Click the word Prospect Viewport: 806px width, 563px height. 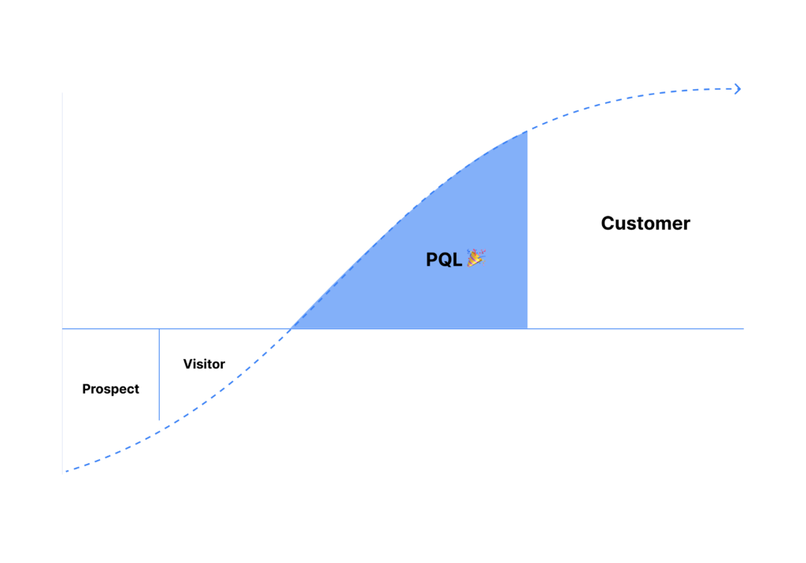coord(110,389)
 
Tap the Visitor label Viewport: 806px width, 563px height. coord(204,364)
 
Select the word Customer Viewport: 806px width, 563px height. coord(645,223)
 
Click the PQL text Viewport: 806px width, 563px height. coord(444,260)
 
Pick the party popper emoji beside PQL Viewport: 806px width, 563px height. coord(476,258)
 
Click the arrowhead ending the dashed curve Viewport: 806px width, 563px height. coord(738,89)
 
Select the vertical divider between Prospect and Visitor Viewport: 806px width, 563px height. coord(159,374)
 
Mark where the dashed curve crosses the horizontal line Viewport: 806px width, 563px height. coord(291,328)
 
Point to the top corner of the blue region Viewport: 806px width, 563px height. coord(527,131)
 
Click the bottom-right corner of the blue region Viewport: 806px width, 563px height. coord(527,328)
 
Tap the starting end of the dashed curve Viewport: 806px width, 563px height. coord(66,470)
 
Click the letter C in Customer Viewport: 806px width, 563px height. coord(608,223)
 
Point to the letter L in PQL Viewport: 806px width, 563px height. coord(457,260)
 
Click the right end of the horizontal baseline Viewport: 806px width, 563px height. coord(743,328)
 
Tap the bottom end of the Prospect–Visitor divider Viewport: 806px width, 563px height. coord(159,420)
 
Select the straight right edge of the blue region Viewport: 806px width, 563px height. coord(527,230)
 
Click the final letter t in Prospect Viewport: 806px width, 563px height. coord(136,389)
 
